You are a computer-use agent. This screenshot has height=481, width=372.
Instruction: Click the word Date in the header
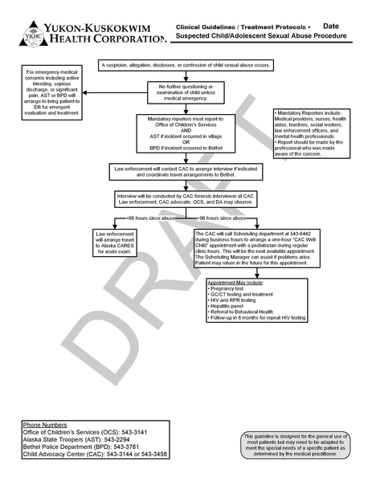pos(330,26)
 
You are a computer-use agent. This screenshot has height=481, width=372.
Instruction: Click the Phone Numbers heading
pos(45,425)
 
